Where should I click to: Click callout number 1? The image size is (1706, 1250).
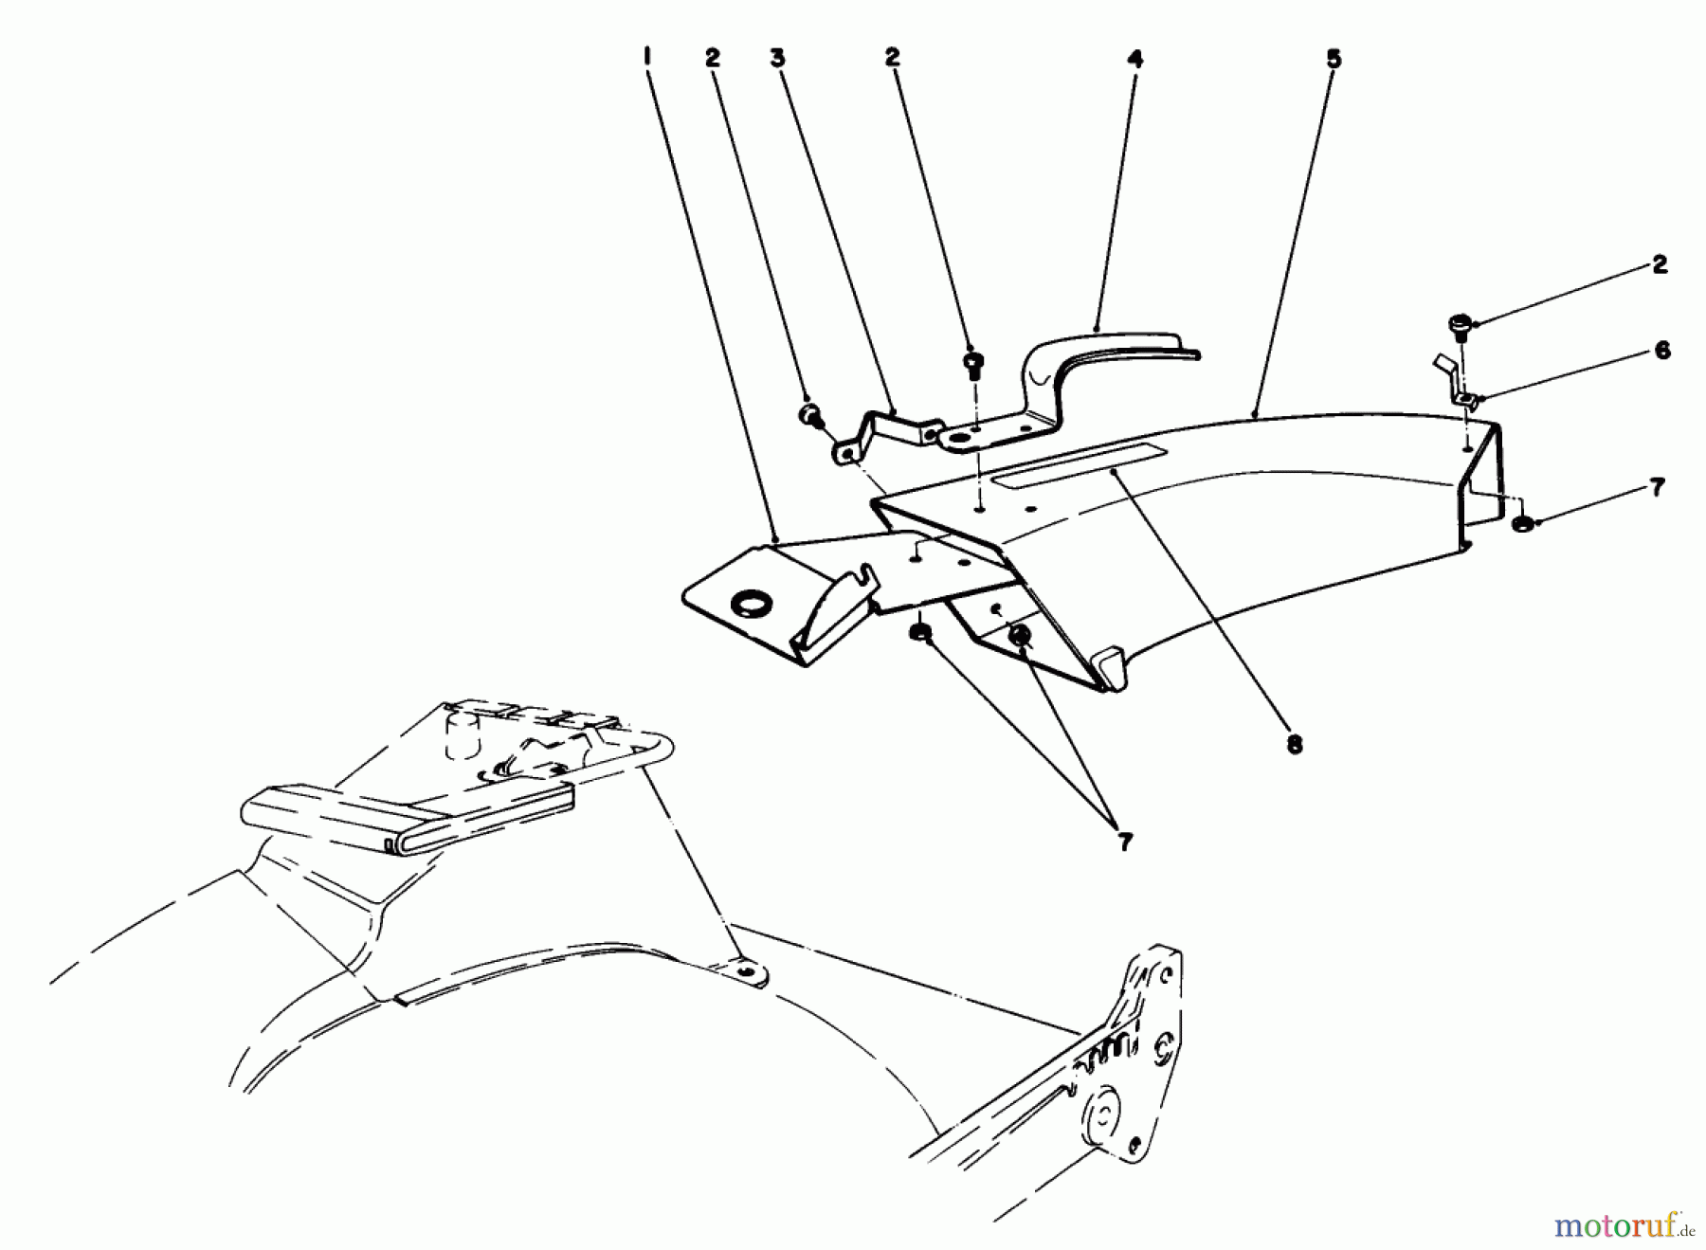(x=647, y=58)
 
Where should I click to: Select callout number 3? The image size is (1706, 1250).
(x=777, y=58)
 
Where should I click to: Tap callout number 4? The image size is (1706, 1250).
(x=1134, y=59)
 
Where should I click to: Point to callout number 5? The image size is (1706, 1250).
(x=1334, y=59)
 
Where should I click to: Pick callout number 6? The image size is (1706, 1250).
(x=1662, y=351)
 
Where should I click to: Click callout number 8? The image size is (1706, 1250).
(x=1295, y=745)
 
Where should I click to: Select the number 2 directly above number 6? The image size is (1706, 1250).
(x=1659, y=264)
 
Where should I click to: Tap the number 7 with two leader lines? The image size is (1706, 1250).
(x=1124, y=842)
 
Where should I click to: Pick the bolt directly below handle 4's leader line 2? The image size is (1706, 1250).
(x=972, y=363)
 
